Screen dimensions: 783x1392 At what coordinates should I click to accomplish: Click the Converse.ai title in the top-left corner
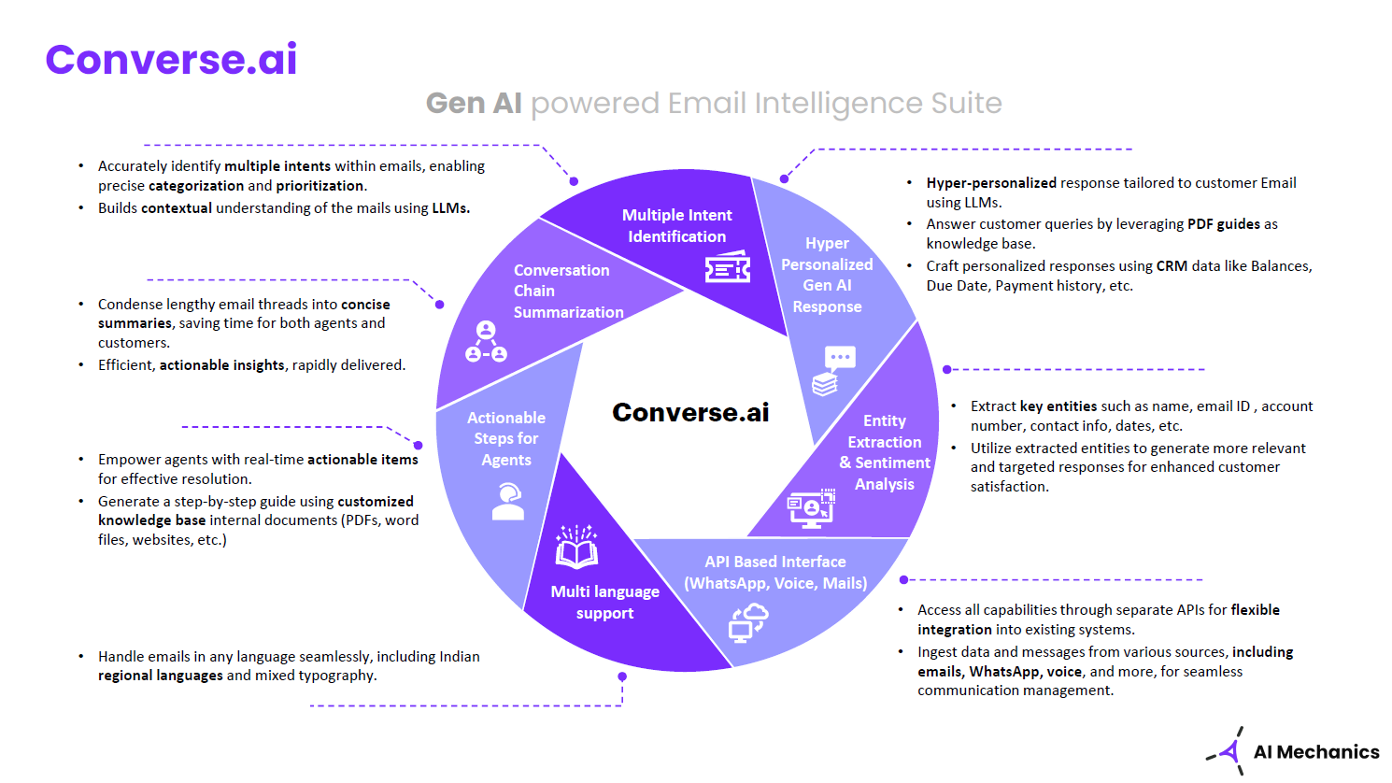[171, 59]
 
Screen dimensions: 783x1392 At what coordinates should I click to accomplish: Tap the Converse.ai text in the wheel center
[690, 412]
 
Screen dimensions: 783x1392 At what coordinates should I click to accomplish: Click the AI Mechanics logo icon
[1228, 750]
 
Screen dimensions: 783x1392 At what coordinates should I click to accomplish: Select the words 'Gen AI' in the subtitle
[474, 103]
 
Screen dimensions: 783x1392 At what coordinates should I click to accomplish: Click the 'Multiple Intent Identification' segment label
[676, 226]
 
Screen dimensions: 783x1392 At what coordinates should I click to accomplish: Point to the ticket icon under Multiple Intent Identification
[727, 268]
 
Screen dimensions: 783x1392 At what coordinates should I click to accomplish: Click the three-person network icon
[486, 342]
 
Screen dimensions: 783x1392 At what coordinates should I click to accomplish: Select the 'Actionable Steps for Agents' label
[506, 438]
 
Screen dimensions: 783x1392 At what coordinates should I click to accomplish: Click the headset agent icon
[507, 502]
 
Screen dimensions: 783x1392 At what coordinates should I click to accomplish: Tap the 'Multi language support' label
[604, 602]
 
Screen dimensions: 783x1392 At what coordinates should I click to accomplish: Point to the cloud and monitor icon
[748, 621]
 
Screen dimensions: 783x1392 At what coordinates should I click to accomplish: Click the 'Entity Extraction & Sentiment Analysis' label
[885, 452]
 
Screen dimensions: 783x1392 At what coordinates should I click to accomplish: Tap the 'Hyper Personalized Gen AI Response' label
[827, 275]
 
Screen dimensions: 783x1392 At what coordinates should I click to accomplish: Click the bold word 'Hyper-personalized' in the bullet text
[991, 183]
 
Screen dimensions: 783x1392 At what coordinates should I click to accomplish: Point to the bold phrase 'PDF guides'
[1223, 224]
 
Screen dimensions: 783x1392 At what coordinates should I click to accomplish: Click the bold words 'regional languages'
[160, 676]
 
